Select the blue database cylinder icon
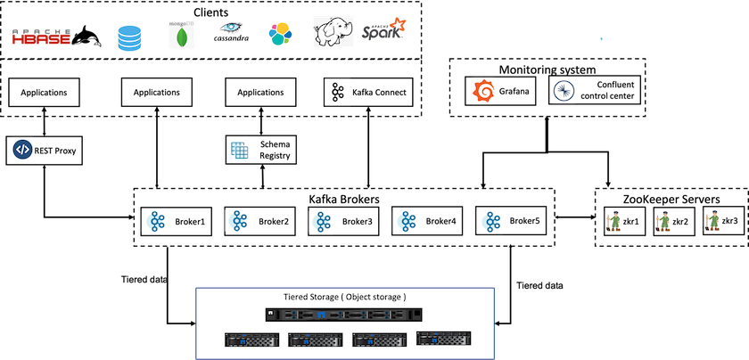[129, 38]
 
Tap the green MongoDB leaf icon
[182, 36]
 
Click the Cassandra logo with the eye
[232, 32]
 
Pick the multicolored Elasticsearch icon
[281, 35]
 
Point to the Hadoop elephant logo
[333, 32]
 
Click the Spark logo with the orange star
[383, 29]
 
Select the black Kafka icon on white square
[337, 92]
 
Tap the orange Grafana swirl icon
[483, 91]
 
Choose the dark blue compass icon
[564, 91]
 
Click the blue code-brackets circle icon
[22, 150]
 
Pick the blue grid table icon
[239, 151]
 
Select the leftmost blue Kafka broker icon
[156, 222]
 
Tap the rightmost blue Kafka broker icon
[491, 222]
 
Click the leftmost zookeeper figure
[613, 221]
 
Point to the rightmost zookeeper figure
[712, 221]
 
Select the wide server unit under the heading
[343, 315]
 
